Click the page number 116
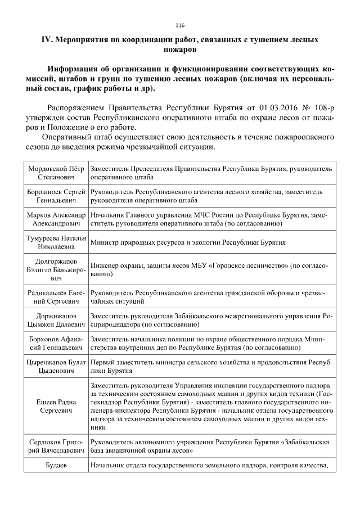point(180,25)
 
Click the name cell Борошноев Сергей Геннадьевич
point(56,196)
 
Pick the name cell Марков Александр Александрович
point(56,219)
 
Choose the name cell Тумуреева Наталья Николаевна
point(56,242)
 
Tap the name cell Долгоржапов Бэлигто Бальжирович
point(56,270)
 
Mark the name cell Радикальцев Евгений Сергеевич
point(56,298)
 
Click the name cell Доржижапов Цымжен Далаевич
point(56,321)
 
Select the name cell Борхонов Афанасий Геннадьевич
point(56,344)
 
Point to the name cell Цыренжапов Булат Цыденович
point(56,368)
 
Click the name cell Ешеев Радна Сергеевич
point(56,407)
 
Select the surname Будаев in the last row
point(56,466)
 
